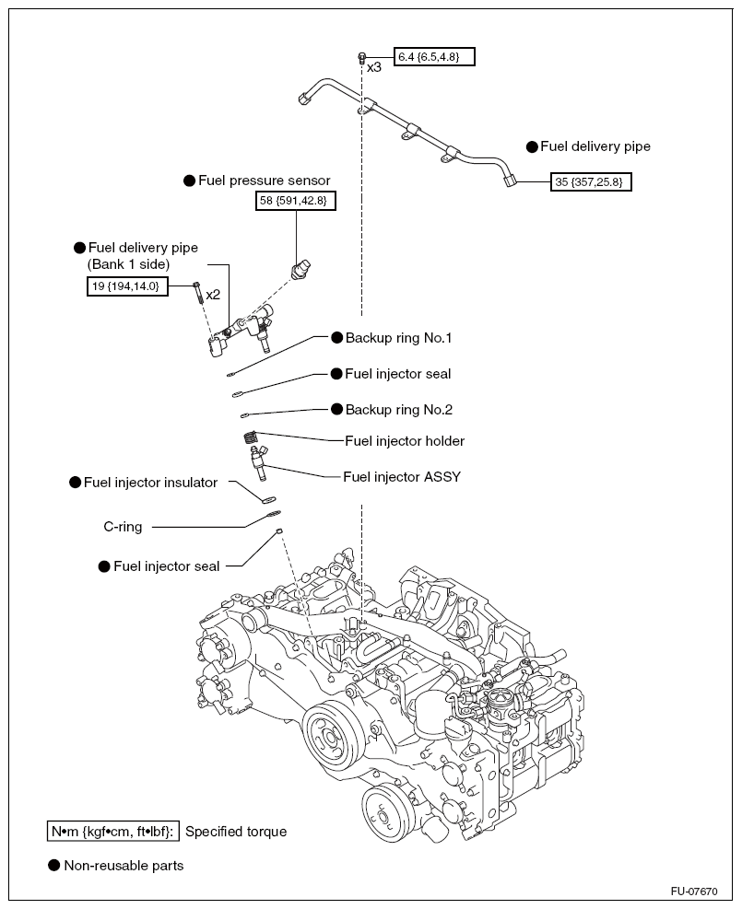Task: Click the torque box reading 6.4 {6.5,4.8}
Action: (433, 57)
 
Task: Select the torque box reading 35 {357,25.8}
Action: (592, 182)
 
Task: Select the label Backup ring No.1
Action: (398, 338)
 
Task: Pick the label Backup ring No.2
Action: (398, 409)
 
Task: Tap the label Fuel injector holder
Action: (404, 441)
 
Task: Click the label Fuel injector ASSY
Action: (401, 477)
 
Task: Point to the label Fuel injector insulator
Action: (150, 482)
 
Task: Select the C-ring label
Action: (121, 528)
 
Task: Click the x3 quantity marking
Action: (374, 68)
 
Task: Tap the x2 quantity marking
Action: (213, 295)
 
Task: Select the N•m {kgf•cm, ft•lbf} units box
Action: (113, 832)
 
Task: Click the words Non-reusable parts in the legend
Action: (124, 866)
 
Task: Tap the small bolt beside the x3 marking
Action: (362, 58)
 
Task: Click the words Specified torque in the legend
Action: (236, 832)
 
